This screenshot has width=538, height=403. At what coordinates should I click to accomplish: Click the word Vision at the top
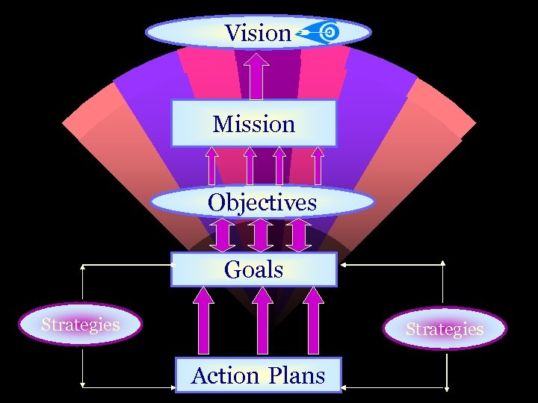pos(257,33)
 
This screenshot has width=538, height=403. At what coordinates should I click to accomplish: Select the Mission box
pos(254,124)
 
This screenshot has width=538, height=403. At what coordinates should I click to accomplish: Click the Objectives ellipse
pos(262,202)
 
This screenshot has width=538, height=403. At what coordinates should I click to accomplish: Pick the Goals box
pos(254,269)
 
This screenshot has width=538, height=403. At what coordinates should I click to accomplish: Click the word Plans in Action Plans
pos(297,375)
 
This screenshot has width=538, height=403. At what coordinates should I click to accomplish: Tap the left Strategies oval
pos(81,325)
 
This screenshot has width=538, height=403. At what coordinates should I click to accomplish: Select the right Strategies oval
pos(445,329)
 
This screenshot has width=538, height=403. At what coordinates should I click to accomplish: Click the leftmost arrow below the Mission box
pos(212,165)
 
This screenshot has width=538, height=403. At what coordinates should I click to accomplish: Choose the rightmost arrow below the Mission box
pos(318,165)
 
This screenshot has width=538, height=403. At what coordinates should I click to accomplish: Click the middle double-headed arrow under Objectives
pos(260,234)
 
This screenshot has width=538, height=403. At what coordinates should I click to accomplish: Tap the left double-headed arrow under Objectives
pos(222,234)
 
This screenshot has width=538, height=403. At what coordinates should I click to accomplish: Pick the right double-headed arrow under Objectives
pos(298,234)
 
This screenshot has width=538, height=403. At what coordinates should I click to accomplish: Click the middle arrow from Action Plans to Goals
pos(262,321)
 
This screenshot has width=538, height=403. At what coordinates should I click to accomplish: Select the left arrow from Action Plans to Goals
pos(203,321)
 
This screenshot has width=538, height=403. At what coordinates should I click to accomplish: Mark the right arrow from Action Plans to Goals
pos(315,321)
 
